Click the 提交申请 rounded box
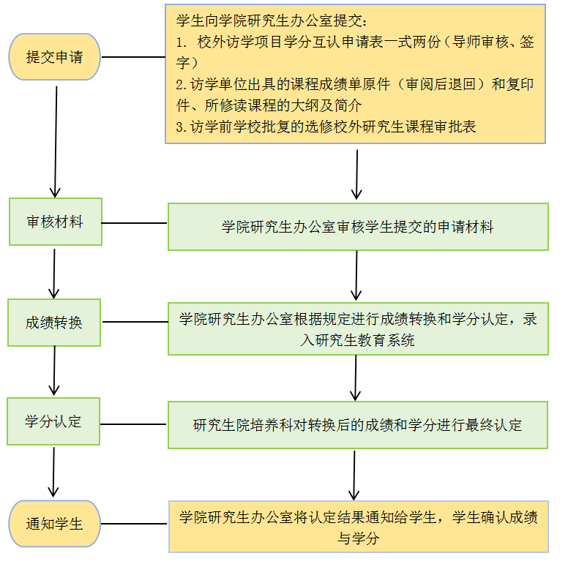tap(54, 56)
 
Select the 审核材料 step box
tap(55, 222)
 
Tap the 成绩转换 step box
tap(54, 322)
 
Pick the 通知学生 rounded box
tap(54, 524)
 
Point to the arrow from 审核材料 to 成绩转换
tap(54, 271)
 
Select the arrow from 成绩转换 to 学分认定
tap(54, 371)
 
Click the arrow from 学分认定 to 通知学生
tap(53, 472)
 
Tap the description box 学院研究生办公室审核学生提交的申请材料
tap(357, 227)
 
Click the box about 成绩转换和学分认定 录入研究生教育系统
tap(357, 329)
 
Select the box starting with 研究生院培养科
tap(357, 425)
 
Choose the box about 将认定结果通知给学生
tap(358, 527)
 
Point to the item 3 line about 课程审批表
tap(326, 127)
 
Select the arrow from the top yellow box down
tap(356, 174)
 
